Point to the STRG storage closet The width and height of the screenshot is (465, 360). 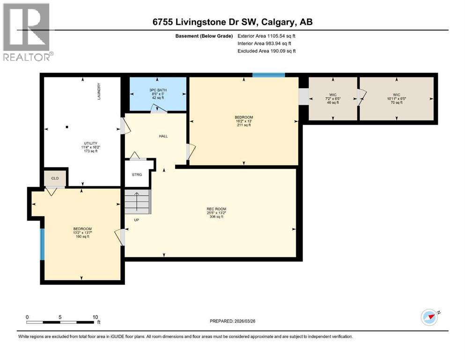coord(137,174)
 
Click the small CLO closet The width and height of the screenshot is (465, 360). coord(55,178)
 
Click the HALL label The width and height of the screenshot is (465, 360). coord(163,136)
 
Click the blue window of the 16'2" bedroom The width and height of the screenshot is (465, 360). coord(268,75)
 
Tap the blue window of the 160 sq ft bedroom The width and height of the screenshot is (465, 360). coord(42,244)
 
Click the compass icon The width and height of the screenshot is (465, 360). coord(429,317)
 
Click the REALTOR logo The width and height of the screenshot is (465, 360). coord(27,32)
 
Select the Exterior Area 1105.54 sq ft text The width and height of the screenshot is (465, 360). coord(266,36)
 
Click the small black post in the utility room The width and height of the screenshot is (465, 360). coord(67,127)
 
